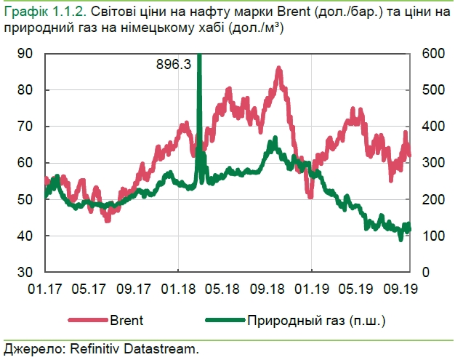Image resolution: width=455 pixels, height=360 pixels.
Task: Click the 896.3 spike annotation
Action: [174, 64]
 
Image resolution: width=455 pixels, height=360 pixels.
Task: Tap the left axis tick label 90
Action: [25, 54]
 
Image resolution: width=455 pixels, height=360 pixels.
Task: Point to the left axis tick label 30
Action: [25, 272]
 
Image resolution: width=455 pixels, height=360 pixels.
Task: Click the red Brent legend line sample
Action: [87, 319]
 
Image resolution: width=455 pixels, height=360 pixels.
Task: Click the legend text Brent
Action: [127, 319]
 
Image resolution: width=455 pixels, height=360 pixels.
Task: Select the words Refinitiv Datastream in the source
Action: [134, 349]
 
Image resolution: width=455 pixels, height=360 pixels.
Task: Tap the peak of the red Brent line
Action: [279, 68]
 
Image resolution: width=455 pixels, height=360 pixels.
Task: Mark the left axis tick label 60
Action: [25, 163]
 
